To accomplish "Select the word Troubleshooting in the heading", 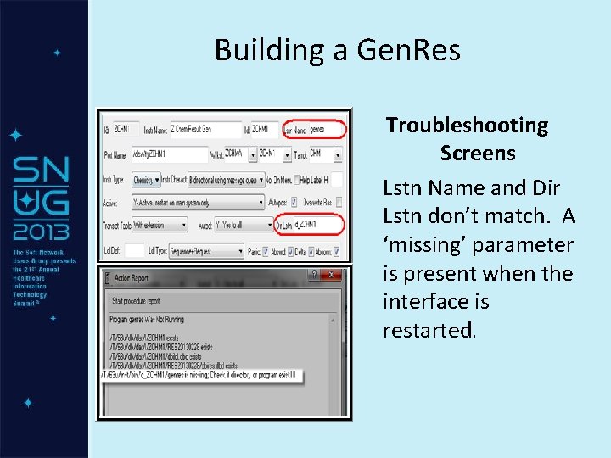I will [x=467, y=126].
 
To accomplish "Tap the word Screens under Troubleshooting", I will [x=478, y=154].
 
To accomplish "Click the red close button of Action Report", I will [x=334, y=275].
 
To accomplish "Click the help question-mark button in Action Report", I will [x=315, y=275].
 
